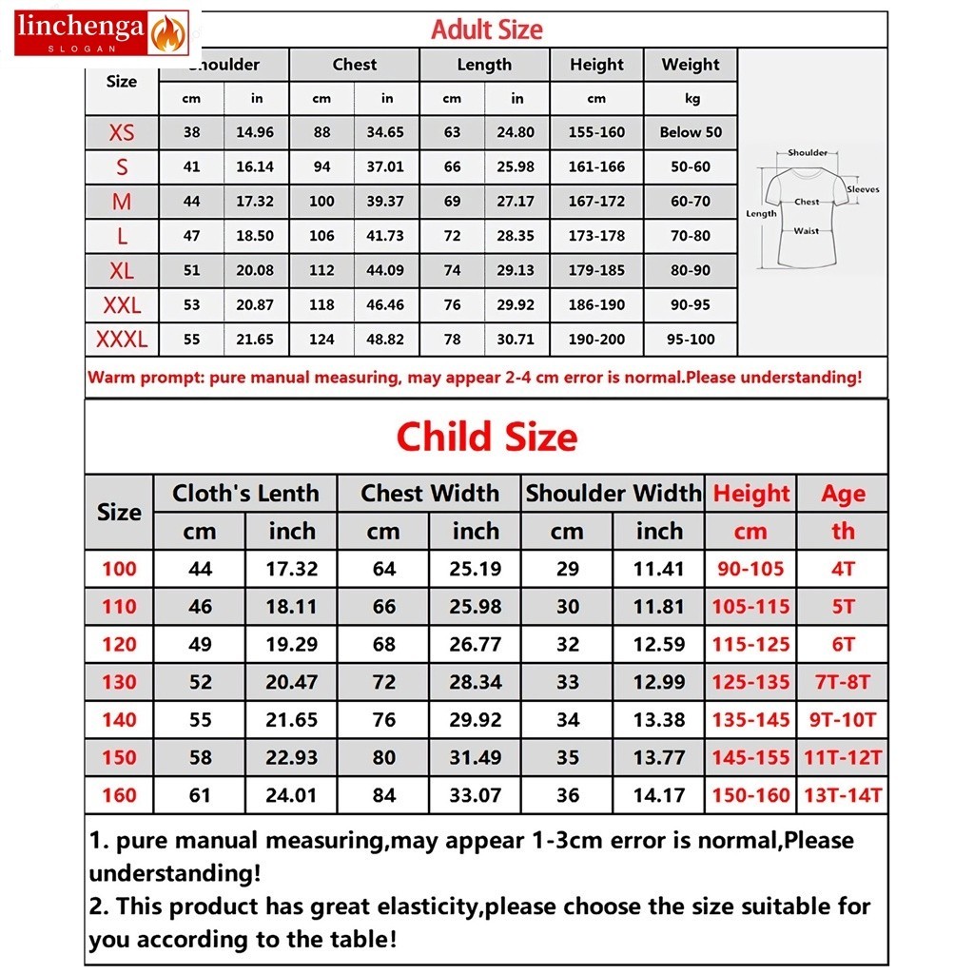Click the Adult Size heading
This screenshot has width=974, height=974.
click(486, 29)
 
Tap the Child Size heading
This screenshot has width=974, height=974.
click(486, 438)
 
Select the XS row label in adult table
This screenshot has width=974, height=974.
click(122, 132)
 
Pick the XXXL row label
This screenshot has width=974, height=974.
click(122, 339)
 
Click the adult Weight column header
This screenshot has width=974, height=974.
click(691, 65)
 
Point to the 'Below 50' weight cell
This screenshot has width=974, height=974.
click(691, 132)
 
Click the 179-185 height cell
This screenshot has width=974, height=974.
click(596, 270)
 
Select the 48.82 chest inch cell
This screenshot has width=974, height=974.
click(385, 339)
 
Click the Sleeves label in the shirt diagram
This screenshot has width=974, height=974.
click(863, 189)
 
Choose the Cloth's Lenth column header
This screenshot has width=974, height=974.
click(245, 494)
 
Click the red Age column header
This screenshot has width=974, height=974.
click(843, 494)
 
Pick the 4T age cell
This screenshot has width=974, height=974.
click(843, 569)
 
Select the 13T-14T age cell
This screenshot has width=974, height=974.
click(843, 795)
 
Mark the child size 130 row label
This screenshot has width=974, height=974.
click(119, 682)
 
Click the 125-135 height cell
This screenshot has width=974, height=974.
click(750, 682)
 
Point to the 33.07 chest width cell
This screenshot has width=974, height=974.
click(475, 795)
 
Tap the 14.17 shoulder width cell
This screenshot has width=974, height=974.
click(659, 795)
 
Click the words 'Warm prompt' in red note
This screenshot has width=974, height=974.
click(144, 377)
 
